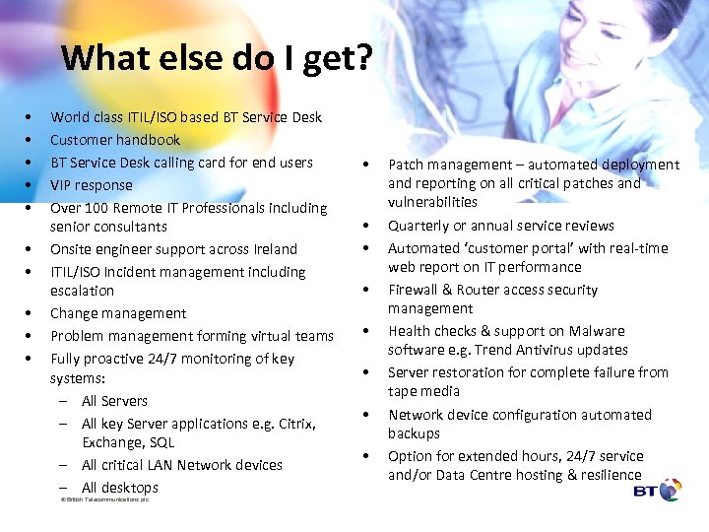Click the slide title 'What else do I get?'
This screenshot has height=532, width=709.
click(217, 58)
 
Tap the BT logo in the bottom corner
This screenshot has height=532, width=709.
click(657, 490)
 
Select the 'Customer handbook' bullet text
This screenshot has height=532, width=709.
click(115, 140)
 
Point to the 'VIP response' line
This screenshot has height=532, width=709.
click(91, 185)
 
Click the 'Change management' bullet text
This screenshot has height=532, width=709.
click(118, 313)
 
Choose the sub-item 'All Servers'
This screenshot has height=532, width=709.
click(114, 401)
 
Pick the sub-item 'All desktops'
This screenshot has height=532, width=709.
click(119, 488)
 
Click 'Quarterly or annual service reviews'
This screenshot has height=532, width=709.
click(500, 226)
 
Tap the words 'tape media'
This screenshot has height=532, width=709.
click(423, 391)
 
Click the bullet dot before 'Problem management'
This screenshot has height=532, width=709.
click(31, 336)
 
